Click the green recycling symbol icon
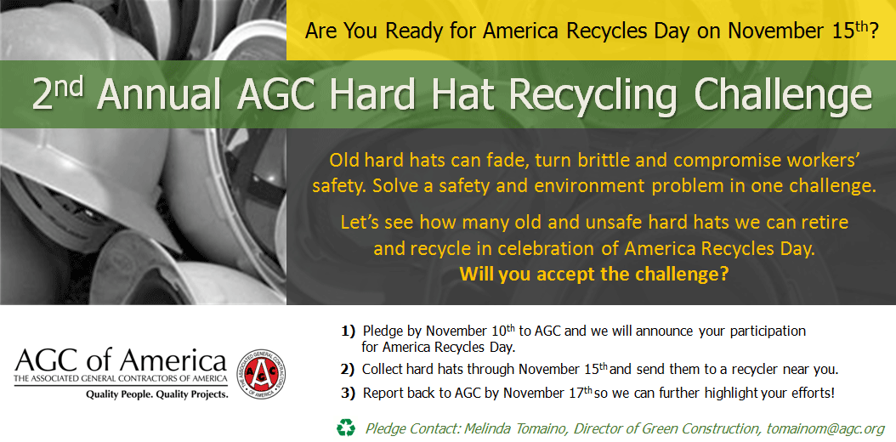(345, 428)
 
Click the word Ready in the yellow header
(413, 32)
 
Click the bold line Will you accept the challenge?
(594, 275)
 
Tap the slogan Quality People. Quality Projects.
(156, 394)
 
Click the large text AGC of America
(121, 360)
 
